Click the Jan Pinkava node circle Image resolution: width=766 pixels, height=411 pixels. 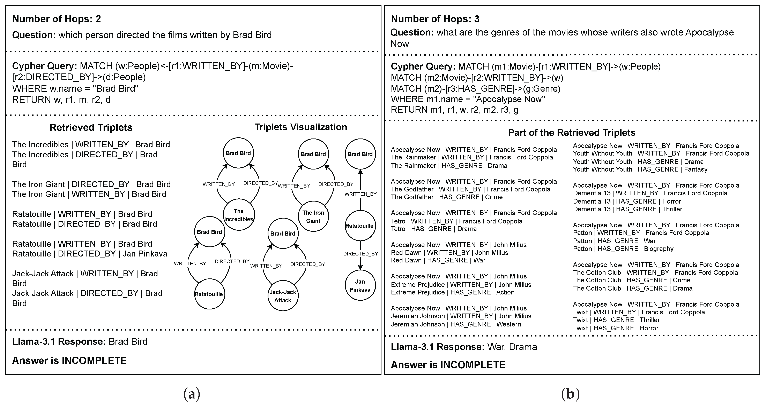(360, 285)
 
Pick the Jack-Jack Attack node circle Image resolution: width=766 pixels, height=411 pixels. (283, 296)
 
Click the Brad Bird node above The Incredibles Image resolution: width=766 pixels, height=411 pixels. (238, 153)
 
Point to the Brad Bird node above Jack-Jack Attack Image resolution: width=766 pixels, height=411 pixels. (283, 234)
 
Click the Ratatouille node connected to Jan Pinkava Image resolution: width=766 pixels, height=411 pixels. (360, 226)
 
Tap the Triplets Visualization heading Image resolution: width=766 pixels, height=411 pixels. (301, 127)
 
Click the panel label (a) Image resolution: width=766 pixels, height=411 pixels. (192, 394)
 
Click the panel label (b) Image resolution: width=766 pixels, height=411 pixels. (570, 394)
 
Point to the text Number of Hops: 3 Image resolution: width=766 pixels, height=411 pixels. (435, 19)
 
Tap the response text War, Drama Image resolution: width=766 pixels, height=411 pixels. (512, 347)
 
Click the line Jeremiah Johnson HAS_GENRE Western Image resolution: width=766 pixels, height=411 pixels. (456, 324)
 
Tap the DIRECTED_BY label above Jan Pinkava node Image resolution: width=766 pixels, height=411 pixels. (360, 254)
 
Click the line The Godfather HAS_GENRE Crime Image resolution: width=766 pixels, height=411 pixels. (446, 197)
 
